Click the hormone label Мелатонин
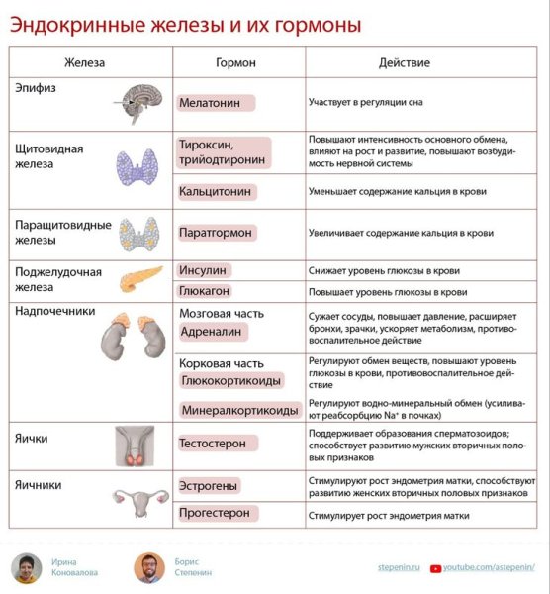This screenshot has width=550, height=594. (x=216, y=102)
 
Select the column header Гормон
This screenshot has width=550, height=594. (x=235, y=62)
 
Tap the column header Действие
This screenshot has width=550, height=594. (x=405, y=62)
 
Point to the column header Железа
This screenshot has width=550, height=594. (x=85, y=62)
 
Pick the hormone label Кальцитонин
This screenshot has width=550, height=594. (x=215, y=191)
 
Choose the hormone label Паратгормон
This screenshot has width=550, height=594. (x=216, y=233)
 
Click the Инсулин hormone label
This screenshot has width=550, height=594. (x=203, y=270)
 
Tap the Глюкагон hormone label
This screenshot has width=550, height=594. (x=206, y=292)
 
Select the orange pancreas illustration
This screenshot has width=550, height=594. (x=138, y=280)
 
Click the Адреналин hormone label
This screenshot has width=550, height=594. (x=215, y=334)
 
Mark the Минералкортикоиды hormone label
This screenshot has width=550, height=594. (x=239, y=409)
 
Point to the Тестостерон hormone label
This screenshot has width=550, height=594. (x=213, y=444)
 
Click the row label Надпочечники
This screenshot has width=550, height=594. (x=55, y=311)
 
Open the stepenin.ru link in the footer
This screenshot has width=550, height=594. (x=401, y=566)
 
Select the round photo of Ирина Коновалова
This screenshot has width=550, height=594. (x=26, y=567)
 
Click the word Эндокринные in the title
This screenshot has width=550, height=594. (x=73, y=23)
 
